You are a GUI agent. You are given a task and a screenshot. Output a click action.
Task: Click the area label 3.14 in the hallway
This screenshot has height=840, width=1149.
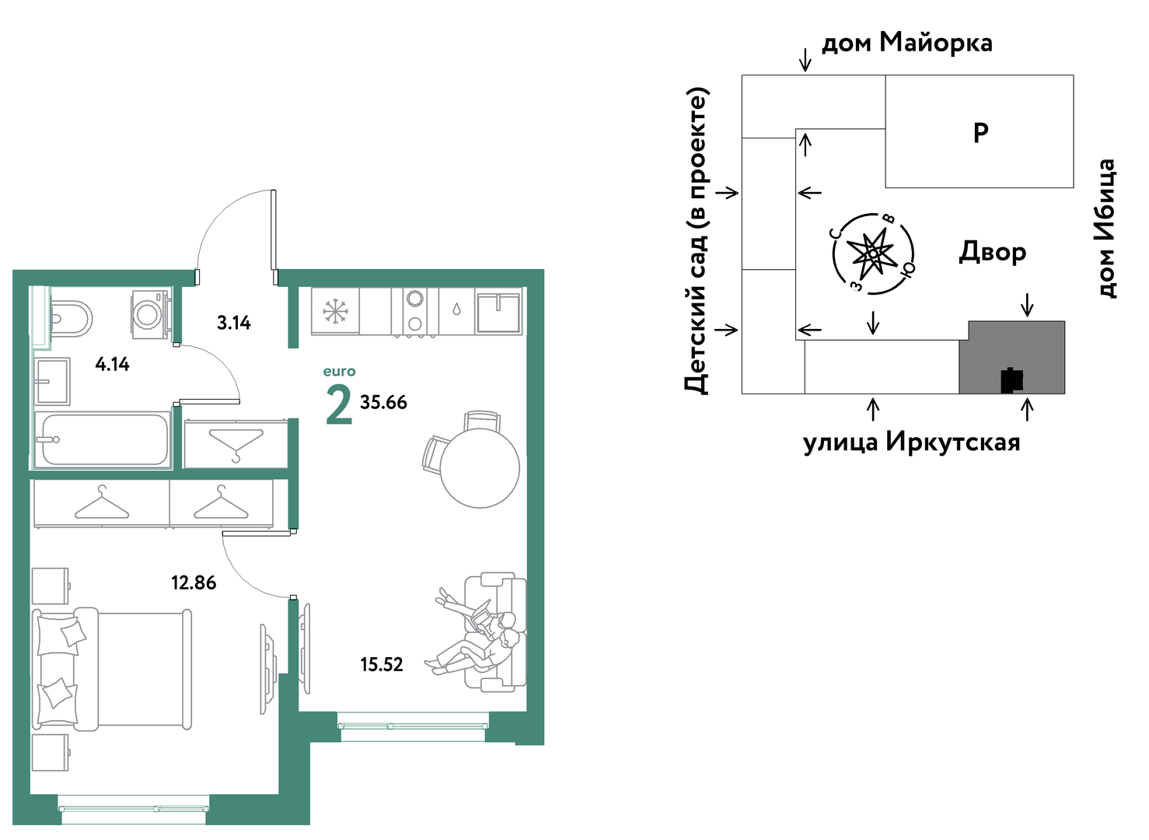coord(233,324)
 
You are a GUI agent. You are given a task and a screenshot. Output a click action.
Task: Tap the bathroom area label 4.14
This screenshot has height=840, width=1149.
coord(113,364)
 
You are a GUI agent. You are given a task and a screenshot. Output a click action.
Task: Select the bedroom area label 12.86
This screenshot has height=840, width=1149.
coord(194,583)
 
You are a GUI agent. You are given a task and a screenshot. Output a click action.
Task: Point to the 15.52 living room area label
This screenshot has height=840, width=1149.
coord(382,665)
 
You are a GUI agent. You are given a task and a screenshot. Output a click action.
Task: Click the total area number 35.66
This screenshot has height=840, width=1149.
coord(383,402)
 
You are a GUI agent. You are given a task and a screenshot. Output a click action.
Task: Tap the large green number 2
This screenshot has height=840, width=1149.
coord(339,405)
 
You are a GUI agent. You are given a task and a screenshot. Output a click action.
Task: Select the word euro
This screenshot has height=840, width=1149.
coord(339,371)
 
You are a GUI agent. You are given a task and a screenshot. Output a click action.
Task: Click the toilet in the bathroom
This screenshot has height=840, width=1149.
coord(72,319)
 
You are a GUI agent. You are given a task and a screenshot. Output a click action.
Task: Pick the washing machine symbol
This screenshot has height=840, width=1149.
coord(150,314)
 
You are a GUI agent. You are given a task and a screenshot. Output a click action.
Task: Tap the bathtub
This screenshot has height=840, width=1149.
coord(102,439)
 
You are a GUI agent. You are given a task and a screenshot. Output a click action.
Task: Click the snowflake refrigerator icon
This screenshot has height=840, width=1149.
coord(336,311)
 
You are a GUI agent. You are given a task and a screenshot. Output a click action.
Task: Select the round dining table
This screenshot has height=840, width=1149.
coord(480,468)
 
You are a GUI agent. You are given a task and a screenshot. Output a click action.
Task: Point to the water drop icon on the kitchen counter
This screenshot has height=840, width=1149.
coord(456,310)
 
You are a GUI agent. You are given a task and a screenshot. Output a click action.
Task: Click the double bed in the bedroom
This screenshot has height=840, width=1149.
coord(112,669)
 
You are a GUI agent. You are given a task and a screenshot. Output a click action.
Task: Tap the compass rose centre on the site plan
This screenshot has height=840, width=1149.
coord(873,254)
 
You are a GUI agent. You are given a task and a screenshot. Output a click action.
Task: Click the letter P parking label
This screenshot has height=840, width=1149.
coord(981,133)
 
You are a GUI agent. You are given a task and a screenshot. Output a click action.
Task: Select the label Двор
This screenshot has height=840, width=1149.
coord(993,253)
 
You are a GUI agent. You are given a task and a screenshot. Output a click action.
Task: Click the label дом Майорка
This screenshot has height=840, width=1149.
coord(907,43)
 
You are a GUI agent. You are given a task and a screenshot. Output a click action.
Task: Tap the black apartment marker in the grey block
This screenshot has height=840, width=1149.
coord(1012,380)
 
